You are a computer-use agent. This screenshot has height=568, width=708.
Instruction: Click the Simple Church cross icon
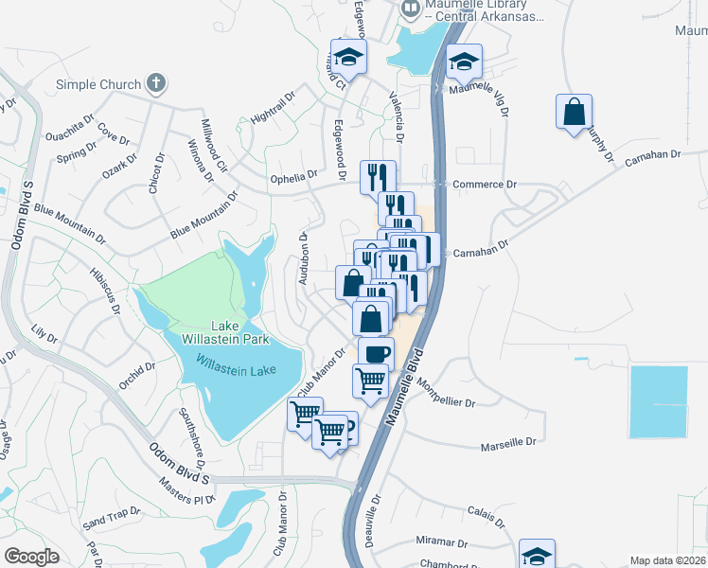tap(157, 84)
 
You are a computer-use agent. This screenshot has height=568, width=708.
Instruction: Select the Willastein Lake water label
tap(236, 364)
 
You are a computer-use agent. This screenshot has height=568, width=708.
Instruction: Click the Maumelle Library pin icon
tap(411, 10)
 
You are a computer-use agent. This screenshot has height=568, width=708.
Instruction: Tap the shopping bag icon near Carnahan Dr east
tap(574, 112)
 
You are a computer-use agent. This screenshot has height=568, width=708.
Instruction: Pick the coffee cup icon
tap(375, 353)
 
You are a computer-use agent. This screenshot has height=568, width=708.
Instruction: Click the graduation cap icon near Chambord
tap(537, 555)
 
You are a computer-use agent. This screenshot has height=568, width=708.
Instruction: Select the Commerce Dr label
tap(485, 185)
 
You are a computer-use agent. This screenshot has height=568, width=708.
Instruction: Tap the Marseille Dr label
tap(508, 442)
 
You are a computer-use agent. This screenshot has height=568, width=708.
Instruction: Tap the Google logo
tap(31, 556)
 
